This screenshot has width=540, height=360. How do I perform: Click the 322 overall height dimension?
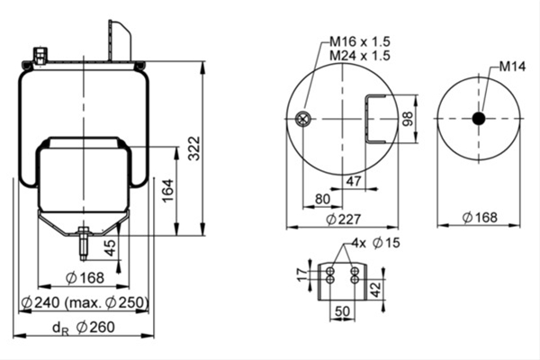[x=195, y=148]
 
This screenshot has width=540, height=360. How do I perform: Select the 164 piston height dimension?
[x=168, y=191]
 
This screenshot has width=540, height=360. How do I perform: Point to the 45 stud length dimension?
[x=110, y=247]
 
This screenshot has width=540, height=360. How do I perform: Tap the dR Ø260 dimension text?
[x=84, y=328]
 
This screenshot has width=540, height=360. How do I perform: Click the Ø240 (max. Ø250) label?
[x=85, y=302]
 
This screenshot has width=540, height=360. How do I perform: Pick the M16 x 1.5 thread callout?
[x=360, y=41]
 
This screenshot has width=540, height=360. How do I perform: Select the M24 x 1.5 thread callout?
[x=360, y=56]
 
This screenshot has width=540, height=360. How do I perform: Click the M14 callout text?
[x=512, y=67]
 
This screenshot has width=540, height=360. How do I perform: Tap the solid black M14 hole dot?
[x=479, y=119]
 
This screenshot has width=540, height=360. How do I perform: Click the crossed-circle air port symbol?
[x=303, y=119]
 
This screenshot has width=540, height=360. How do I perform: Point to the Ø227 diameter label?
[x=344, y=219]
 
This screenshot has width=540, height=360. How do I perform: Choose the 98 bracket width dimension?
[x=408, y=119]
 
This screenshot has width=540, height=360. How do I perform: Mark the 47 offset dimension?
[x=354, y=181]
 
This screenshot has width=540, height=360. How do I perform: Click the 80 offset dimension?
[x=322, y=199]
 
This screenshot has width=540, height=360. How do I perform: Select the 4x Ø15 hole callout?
[x=375, y=243]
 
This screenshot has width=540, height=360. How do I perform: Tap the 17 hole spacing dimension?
[x=302, y=274]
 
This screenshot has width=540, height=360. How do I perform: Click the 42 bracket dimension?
[x=375, y=289]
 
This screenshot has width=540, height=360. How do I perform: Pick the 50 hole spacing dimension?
[x=342, y=311]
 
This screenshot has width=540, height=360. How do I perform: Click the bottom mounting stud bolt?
[x=84, y=244]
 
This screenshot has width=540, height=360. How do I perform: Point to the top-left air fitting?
[x=40, y=56]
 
